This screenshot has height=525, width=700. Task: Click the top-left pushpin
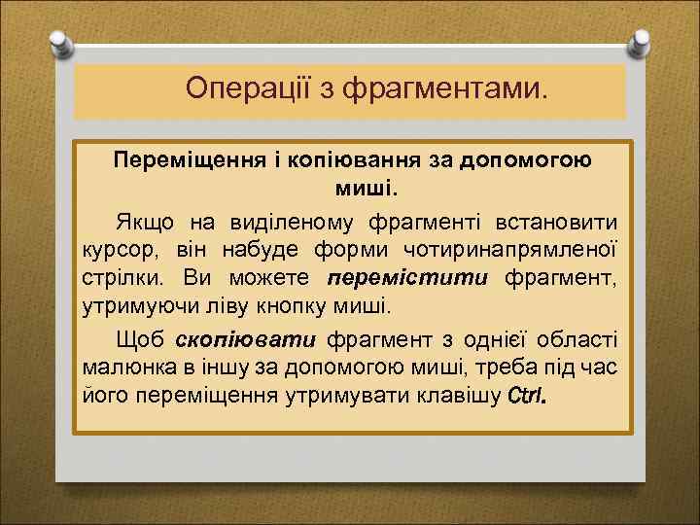pyautogui.click(x=61, y=42)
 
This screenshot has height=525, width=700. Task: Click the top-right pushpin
pyautogui.click(x=639, y=42)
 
